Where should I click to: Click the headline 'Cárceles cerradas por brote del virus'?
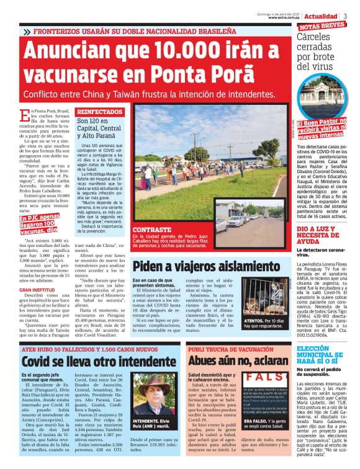322,53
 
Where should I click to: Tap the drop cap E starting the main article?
24,116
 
